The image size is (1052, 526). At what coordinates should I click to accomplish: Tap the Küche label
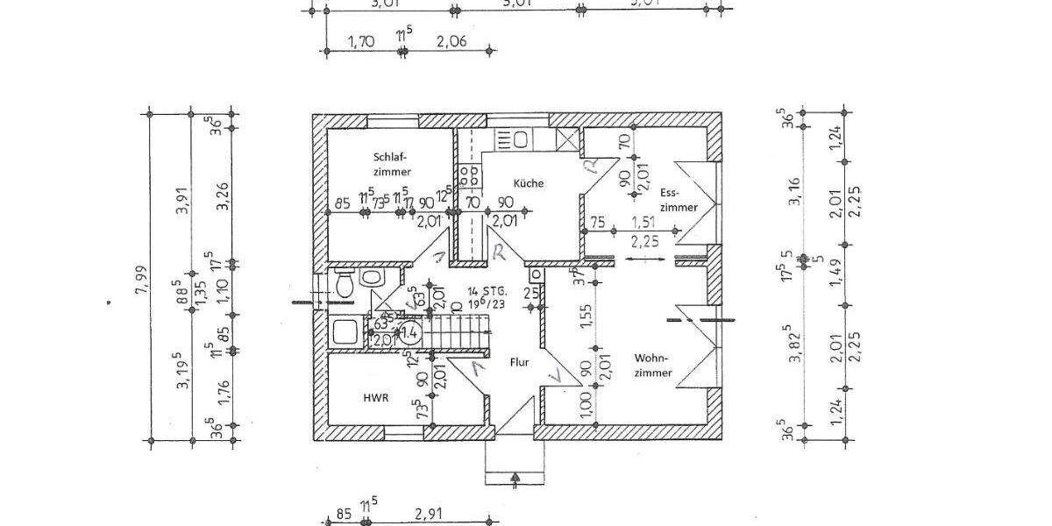tap(529, 183)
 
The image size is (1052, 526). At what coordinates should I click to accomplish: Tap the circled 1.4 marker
tap(409, 332)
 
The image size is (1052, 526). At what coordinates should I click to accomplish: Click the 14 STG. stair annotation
tap(485, 290)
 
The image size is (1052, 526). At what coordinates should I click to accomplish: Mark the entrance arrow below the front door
tap(515, 477)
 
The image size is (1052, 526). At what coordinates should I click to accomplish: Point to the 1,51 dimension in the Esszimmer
tap(644, 221)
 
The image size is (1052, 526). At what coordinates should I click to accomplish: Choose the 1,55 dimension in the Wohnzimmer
tap(586, 314)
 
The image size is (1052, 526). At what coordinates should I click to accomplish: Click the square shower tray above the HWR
tap(343, 331)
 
